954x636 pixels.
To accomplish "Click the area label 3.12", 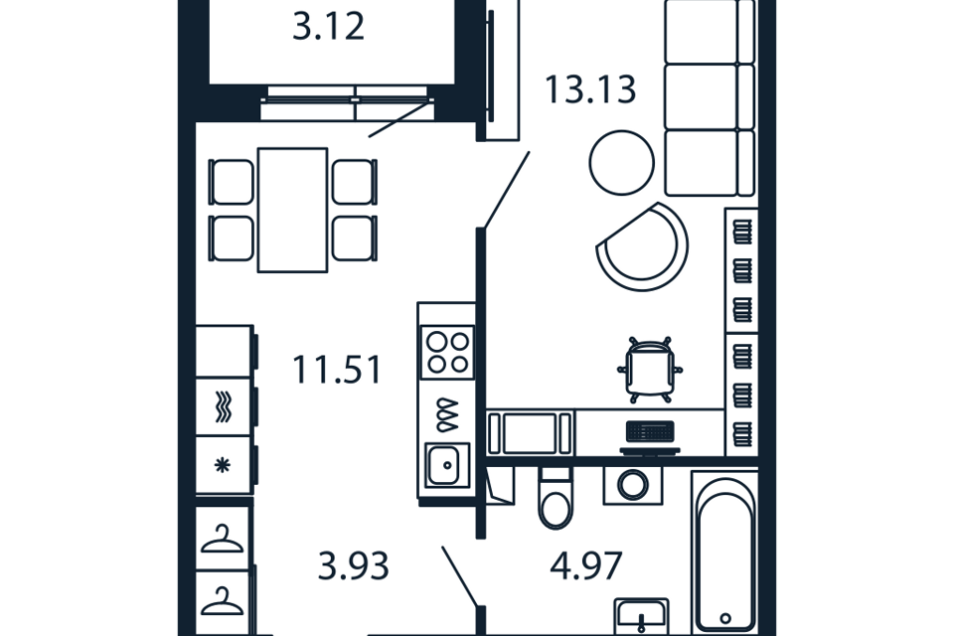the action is pyautogui.click(x=329, y=28).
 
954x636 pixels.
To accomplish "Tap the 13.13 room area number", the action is pyautogui.click(x=590, y=89).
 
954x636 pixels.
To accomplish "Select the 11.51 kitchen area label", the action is pyautogui.click(x=337, y=370).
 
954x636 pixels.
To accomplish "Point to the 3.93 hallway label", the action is pyautogui.click(x=354, y=566).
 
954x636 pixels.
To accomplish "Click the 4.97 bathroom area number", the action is pyautogui.click(x=586, y=566).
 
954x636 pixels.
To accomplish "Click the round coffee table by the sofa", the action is pyautogui.click(x=622, y=163).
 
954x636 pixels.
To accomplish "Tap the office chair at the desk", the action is pyautogui.click(x=650, y=369).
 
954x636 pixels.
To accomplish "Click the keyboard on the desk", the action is pyautogui.click(x=650, y=431).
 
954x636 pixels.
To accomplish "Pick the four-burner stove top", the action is pyautogui.click(x=447, y=353).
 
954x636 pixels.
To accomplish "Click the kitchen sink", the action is pyautogui.click(x=447, y=466).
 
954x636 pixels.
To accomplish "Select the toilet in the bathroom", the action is pyautogui.click(x=556, y=498).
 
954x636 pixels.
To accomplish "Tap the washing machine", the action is pyautogui.click(x=633, y=486).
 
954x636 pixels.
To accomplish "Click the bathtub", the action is pyautogui.click(x=725, y=555).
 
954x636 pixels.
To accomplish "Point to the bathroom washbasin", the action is pyautogui.click(x=641, y=616).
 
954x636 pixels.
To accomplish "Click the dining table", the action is pyautogui.click(x=292, y=210).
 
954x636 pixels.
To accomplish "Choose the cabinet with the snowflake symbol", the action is pyautogui.click(x=224, y=466).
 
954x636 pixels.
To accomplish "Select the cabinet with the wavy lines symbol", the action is pyautogui.click(x=224, y=407).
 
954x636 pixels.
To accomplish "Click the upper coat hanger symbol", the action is pyautogui.click(x=223, y=540).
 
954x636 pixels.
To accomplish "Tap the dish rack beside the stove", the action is pyautogui.click(x=447, y=415).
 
